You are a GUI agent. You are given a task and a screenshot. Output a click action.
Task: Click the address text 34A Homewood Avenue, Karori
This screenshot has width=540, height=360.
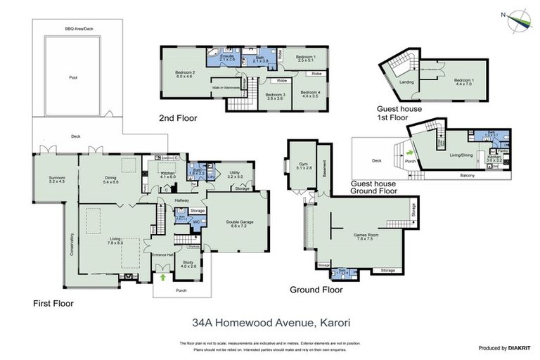coord(271,324)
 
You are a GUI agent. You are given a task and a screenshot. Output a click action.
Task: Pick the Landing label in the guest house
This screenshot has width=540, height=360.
coord(406,82)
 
